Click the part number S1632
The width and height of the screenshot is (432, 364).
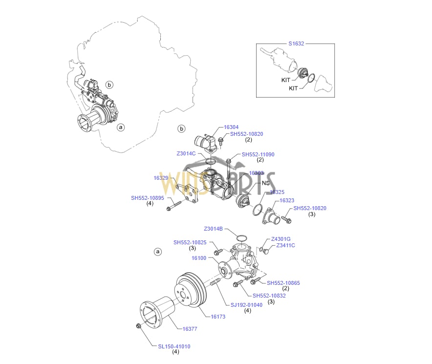(296, 43)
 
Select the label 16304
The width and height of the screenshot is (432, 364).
(231, 127)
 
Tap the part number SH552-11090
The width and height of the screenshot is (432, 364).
(258, 154)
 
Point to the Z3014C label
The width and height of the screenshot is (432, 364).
(186, 153)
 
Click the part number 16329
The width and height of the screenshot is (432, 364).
(161, 178)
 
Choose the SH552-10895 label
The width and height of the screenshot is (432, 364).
(148, 198)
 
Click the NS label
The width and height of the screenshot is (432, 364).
(266, 183)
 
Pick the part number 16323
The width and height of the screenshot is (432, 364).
(287, 200)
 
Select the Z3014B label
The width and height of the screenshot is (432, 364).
(214, 229)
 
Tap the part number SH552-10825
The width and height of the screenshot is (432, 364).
(190, 242)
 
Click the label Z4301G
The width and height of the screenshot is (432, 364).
(281, 239)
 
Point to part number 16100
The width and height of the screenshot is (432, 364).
(199, 258)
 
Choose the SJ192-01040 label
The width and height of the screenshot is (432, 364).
(247, 305)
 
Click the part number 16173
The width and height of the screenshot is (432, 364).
(218, 317)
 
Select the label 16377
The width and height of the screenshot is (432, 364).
(190, 329)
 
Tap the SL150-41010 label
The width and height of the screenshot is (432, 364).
(174, 346)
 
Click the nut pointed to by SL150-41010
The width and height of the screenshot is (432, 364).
(139, 326)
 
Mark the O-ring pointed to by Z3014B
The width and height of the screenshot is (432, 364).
(240, 238)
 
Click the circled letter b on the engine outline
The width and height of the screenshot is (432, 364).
(109, 85)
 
